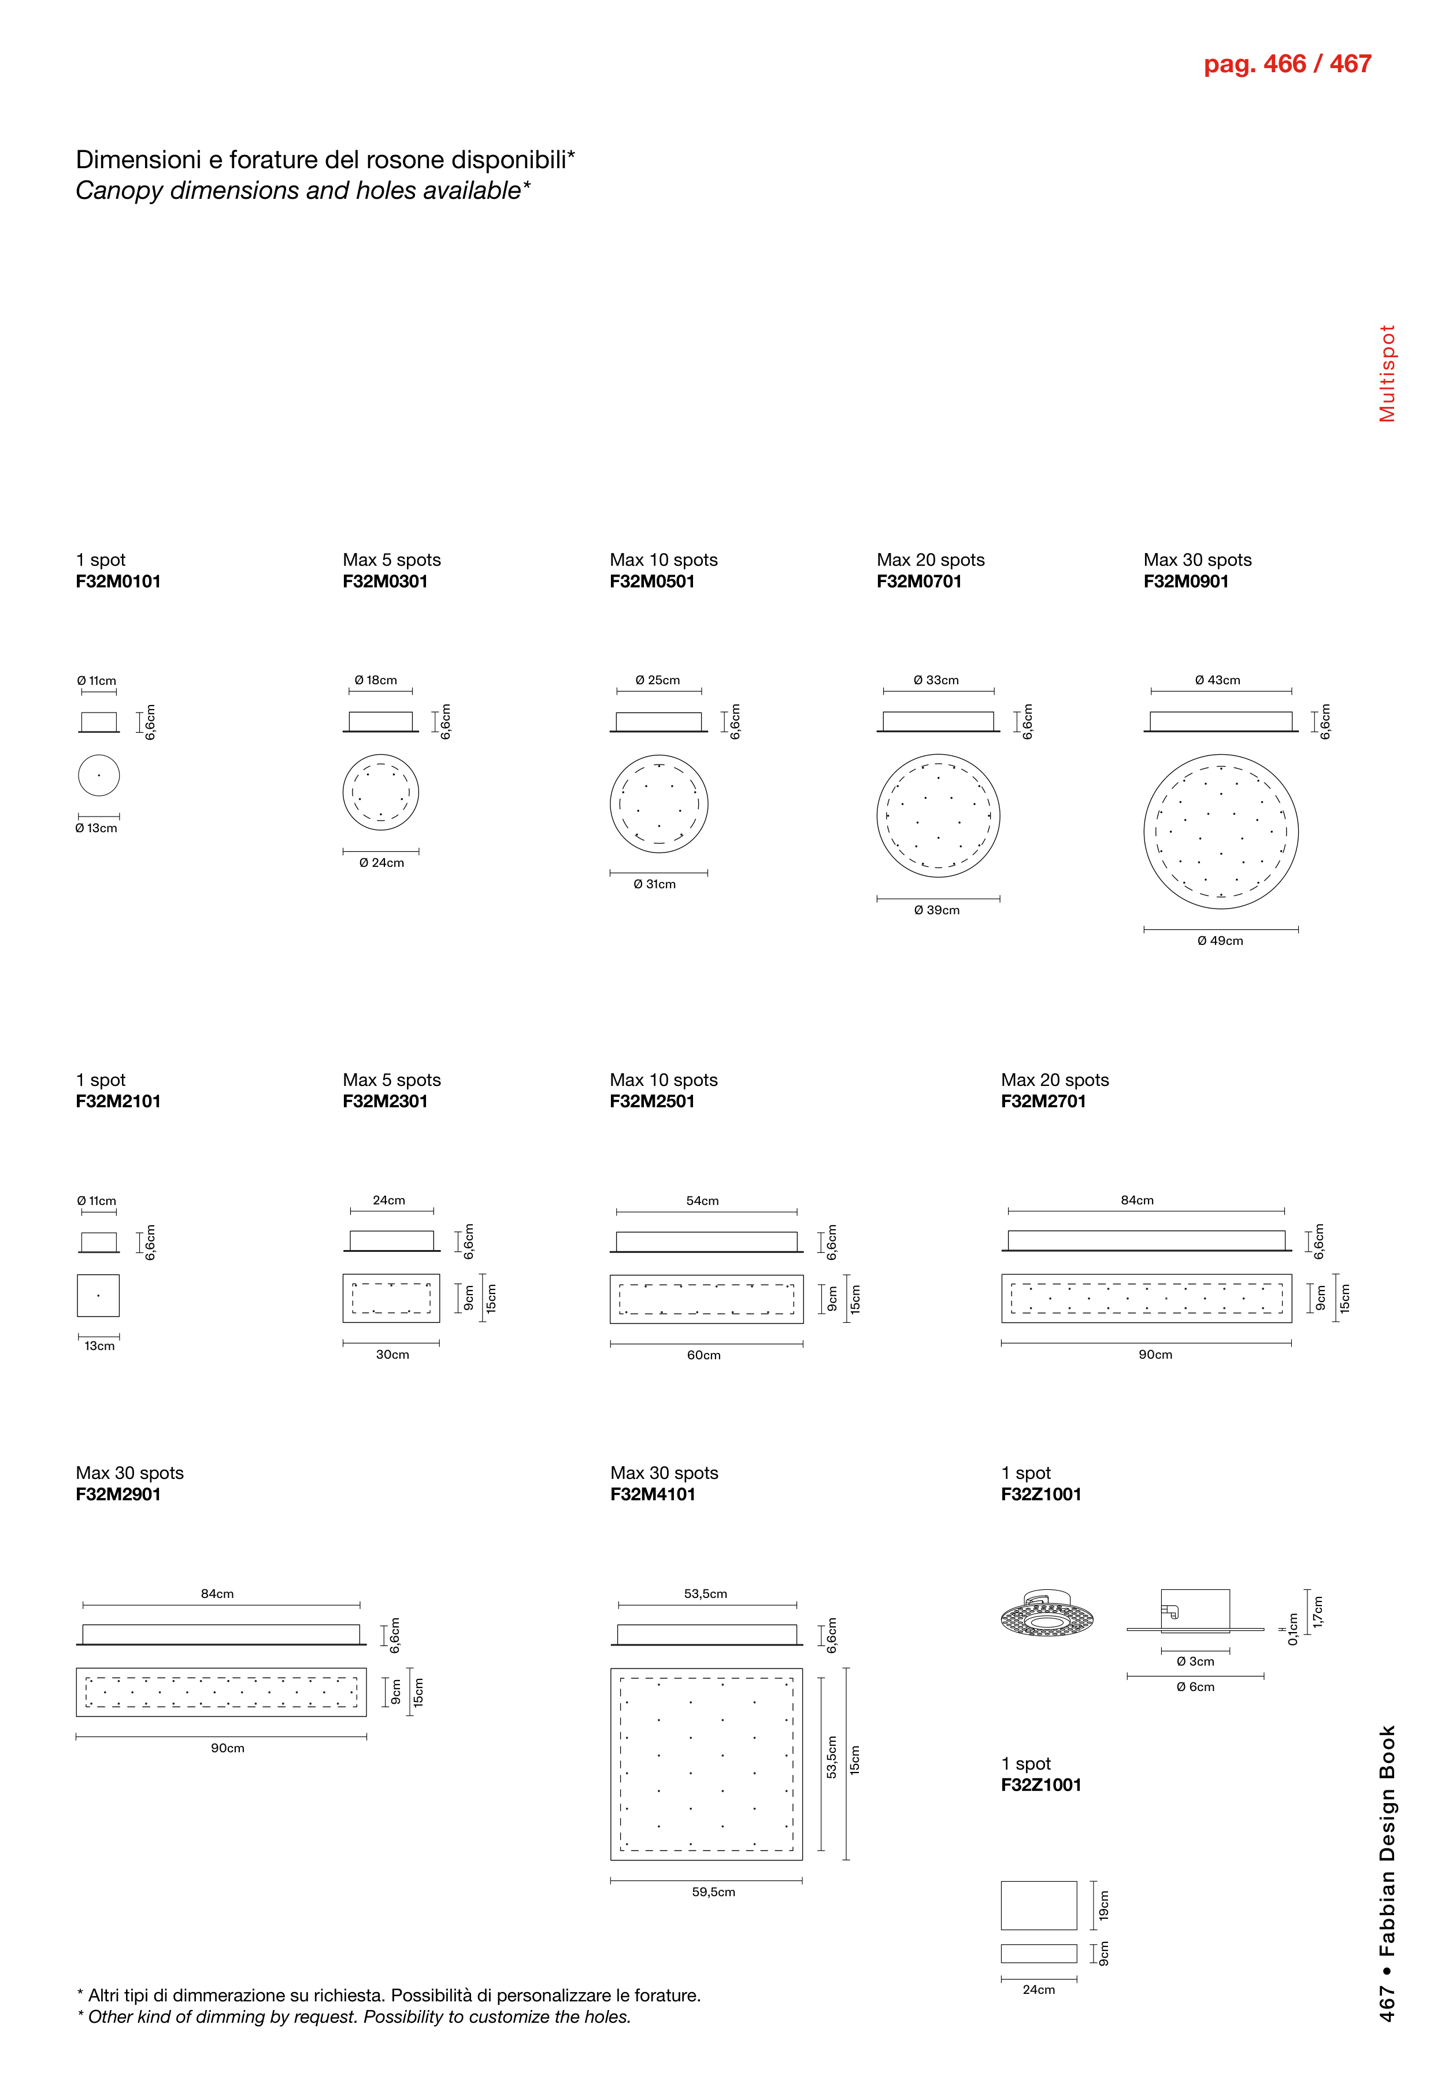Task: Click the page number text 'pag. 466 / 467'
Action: pos(1287,64)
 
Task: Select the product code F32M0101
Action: pos(118,582)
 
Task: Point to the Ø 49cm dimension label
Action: pos(1220,941)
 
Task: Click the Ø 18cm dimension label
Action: pos(376,680)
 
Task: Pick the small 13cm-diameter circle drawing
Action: pos(99,775)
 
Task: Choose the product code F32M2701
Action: pos(1043,1102)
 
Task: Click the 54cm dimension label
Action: pos(703,1200)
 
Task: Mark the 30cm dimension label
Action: pos(392,1355)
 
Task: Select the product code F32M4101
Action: pos(653,1495)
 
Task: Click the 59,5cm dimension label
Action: pos(713,1892)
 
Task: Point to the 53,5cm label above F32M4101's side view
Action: pos(705,1593)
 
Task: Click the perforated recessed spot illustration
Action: pos(1047,1614)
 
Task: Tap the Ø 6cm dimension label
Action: pos(1195,1686)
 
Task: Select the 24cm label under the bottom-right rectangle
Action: pos(1039,1990)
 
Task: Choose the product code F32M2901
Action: pos(118,1495)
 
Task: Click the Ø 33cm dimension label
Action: pos(936,680)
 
